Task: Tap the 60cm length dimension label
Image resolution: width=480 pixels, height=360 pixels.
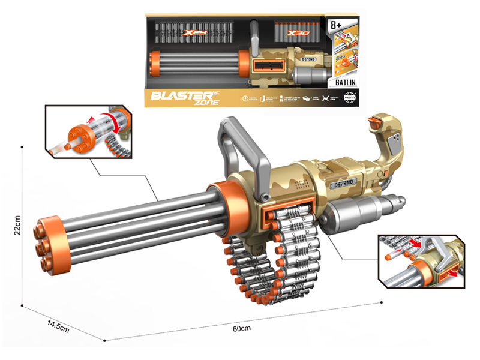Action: pos(241,328)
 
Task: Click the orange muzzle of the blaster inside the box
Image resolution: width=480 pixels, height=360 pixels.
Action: pos(154,61)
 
